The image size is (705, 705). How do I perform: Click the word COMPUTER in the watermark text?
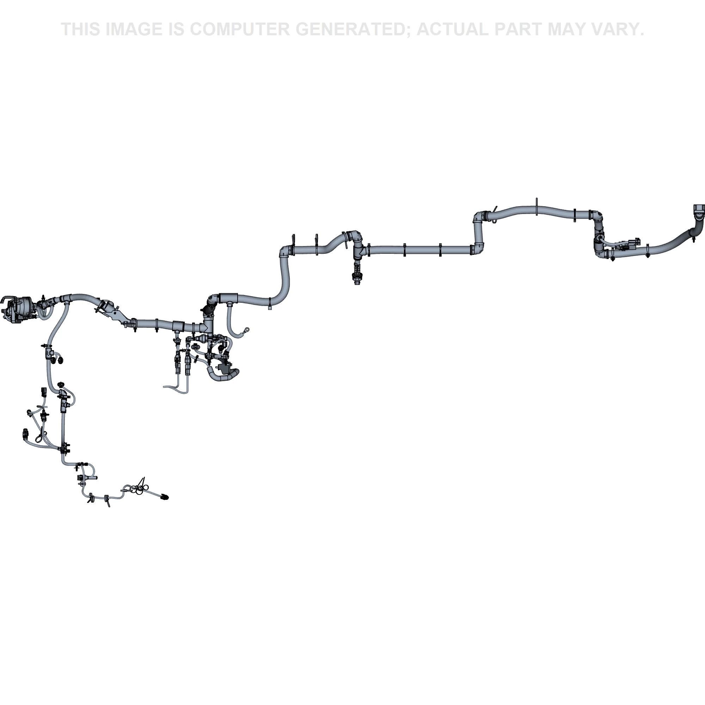pyautogui.click(x=239, y=29)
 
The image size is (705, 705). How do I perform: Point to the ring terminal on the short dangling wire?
pyautogui.click(x=247, y=330)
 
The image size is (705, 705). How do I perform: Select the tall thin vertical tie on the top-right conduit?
pyautogui.click(x=537, y=207)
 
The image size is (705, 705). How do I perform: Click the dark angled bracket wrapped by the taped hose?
pyautogui.click(x=223, y=369)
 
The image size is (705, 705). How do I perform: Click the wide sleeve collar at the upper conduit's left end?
pyautogui.click(x=228, y=298)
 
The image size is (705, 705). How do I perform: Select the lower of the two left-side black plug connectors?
pyautogui.click(x=25, y=433)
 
